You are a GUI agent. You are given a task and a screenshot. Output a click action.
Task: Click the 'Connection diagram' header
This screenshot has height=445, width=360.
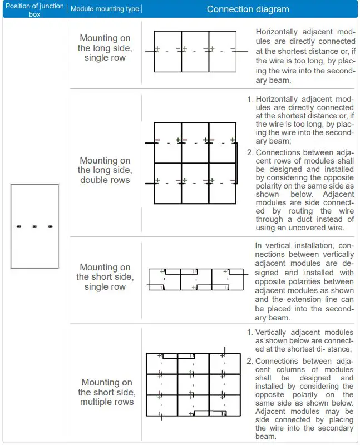(248, 9)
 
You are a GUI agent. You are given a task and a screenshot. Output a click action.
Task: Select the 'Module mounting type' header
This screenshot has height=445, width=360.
(105, 9)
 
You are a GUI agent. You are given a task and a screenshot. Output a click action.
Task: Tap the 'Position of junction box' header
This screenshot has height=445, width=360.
(34, 9)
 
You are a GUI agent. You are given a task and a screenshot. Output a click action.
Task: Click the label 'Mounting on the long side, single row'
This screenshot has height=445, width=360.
(105, 48)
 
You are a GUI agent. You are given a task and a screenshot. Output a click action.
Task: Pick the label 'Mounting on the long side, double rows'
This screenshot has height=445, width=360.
(105, 170)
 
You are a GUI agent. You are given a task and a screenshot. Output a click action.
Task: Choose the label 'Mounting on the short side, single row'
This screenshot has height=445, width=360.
(105, 277)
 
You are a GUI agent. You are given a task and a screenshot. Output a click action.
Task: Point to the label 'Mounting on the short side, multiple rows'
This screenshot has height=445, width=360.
(107, 392)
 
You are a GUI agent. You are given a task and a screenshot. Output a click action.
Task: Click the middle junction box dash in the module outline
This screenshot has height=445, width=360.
(34, 226)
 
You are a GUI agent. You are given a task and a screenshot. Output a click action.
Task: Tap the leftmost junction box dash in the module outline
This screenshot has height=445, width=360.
(19, 226)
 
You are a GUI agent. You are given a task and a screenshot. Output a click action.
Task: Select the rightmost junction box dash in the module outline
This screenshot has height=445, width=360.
(50, 226)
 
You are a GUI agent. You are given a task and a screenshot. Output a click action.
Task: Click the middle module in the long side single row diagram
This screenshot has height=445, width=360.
(195, 51)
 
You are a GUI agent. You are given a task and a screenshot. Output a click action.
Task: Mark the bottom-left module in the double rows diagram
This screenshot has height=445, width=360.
(168, 184)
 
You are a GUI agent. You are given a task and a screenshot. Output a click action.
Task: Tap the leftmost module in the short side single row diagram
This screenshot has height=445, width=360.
(165, 279)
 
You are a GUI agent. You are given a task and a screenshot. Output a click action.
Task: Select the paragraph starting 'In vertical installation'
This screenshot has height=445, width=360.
(304, 281)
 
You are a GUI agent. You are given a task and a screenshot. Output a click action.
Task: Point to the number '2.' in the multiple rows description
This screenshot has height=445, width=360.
(250, 361)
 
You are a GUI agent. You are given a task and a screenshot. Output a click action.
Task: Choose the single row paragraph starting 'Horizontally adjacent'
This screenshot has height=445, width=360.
(304, 56)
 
